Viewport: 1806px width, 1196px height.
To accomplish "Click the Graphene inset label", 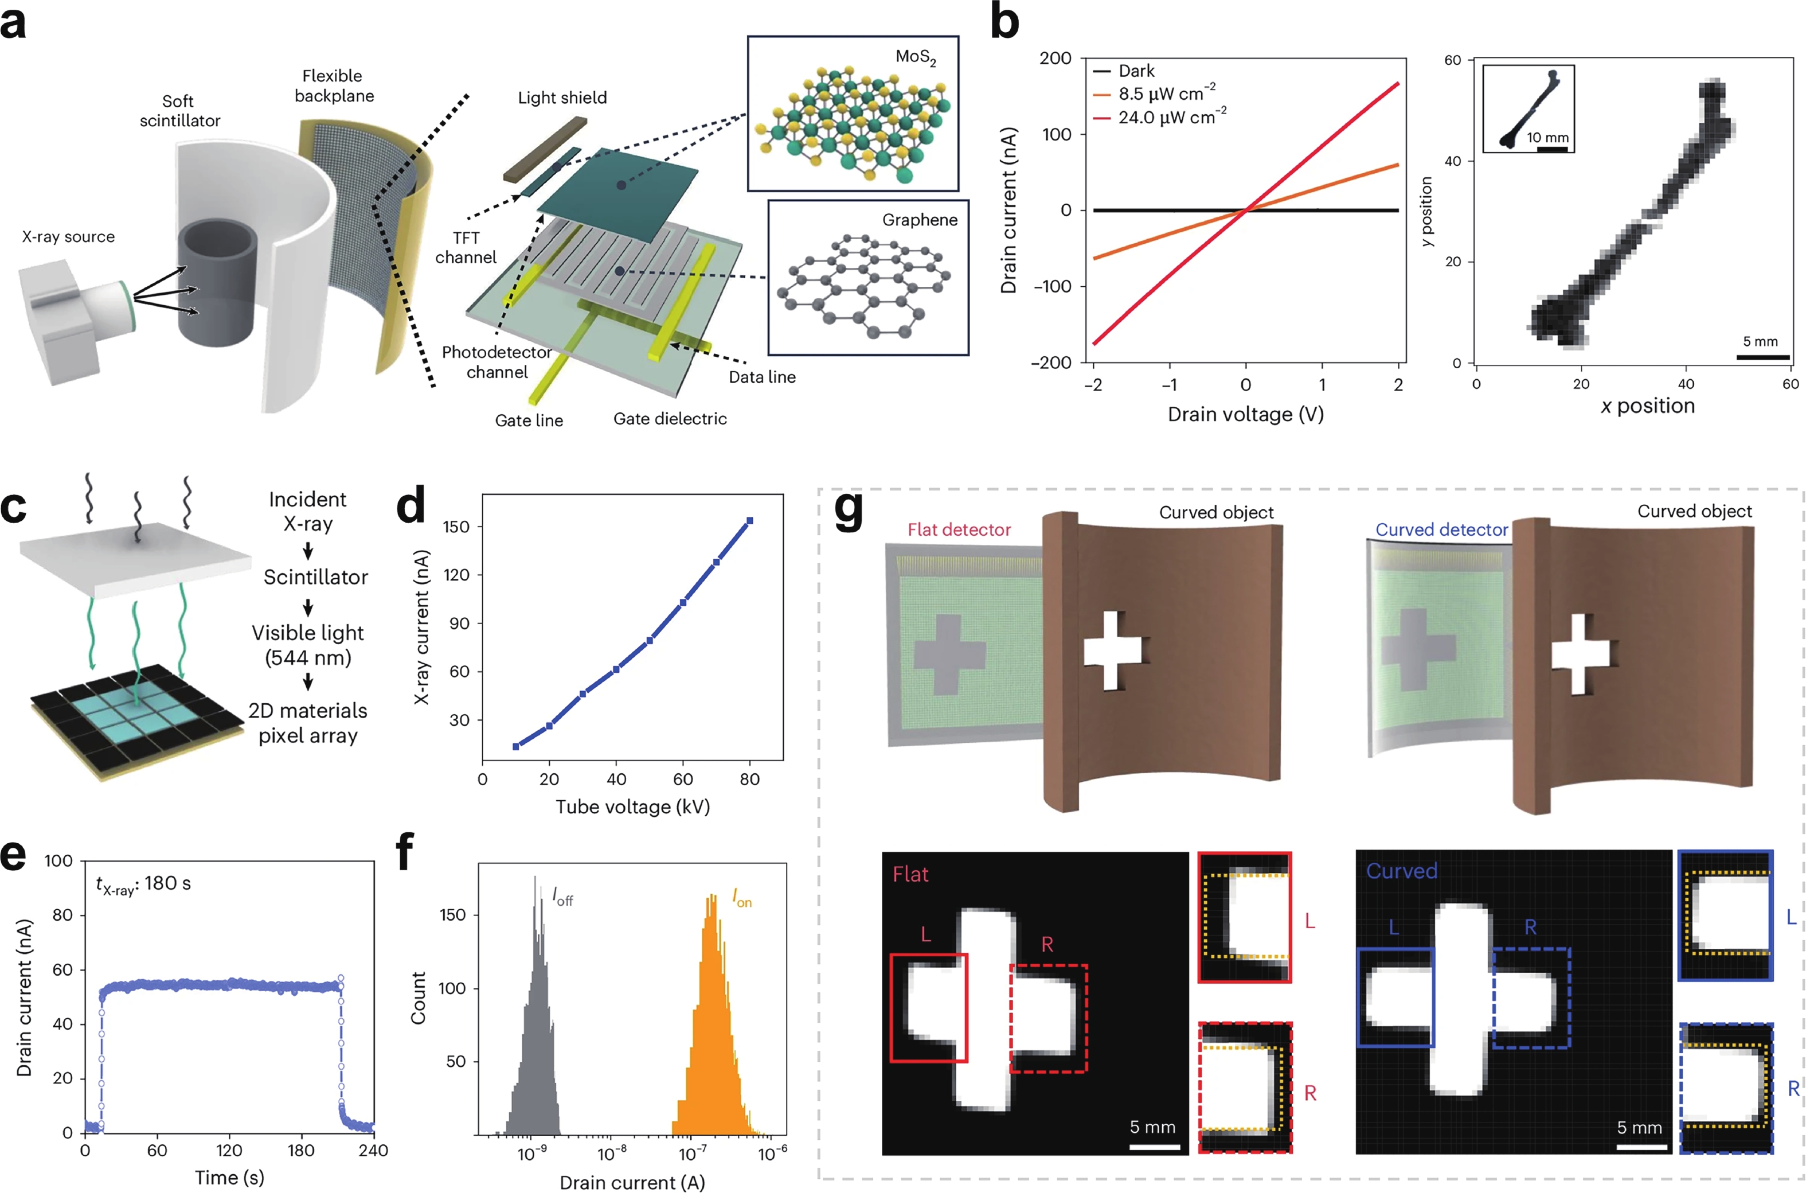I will coord(920,220).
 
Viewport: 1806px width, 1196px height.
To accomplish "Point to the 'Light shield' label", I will coord(562,98).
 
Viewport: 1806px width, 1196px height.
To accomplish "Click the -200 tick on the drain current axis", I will coord(1052,363).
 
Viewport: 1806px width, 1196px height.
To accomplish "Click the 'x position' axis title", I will coord(1647,406).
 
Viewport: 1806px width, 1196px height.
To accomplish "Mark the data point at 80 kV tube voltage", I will coord(749,521).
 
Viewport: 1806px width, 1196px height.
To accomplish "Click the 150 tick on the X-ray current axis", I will coord(456,527).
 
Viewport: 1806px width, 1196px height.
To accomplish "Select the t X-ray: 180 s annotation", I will coord(143,883).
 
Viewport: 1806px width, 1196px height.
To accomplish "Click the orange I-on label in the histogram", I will coord(741,898).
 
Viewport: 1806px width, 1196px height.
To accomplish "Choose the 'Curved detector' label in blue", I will coord(1441,529).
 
